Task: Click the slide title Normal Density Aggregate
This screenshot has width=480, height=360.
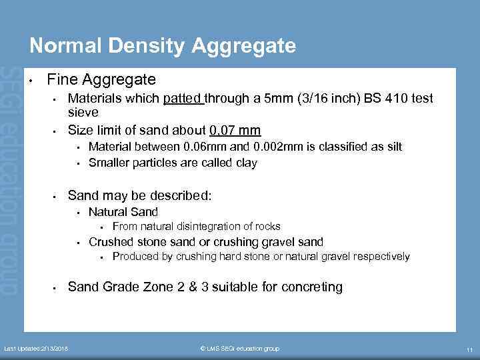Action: tap(163, 45)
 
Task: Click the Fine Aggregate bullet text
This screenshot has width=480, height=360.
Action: tap(101, 80)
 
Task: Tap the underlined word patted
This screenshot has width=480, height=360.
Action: tap(183, 99)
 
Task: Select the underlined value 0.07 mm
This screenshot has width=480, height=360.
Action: tap(235, 129)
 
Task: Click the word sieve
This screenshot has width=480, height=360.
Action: tap(83, 113)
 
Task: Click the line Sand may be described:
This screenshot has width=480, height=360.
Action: tap(139, 195)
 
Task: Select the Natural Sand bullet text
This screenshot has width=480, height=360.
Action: tap(123, 212)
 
